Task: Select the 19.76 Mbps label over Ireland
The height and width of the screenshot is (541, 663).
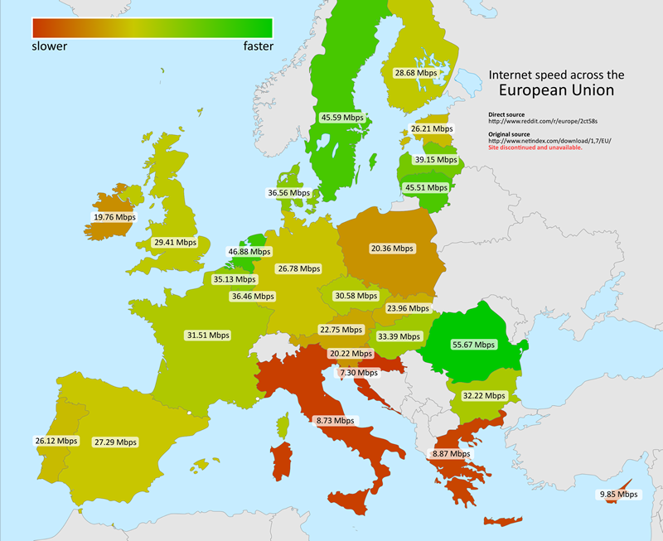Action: click(114, 218)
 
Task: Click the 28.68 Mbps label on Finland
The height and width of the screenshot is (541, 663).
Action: click(415, 74)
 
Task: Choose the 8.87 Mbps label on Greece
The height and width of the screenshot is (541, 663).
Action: click(451, 454)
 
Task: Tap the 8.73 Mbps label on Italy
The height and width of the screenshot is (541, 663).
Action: click(335, 421)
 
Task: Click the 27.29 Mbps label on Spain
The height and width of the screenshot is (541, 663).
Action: click(114, 442)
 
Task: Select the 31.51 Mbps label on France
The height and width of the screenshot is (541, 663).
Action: click(208, 336)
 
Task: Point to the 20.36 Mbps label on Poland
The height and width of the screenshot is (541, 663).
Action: click(392, 248)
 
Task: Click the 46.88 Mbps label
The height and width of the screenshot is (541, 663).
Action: click(249, 251)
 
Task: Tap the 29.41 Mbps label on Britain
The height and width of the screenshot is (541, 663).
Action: click(175, 243)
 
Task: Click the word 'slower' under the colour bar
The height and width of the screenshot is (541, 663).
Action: click(49, 46)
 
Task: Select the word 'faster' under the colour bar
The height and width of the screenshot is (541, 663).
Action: click(258, 46)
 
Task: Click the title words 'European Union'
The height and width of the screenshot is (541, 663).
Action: click(556, 90)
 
